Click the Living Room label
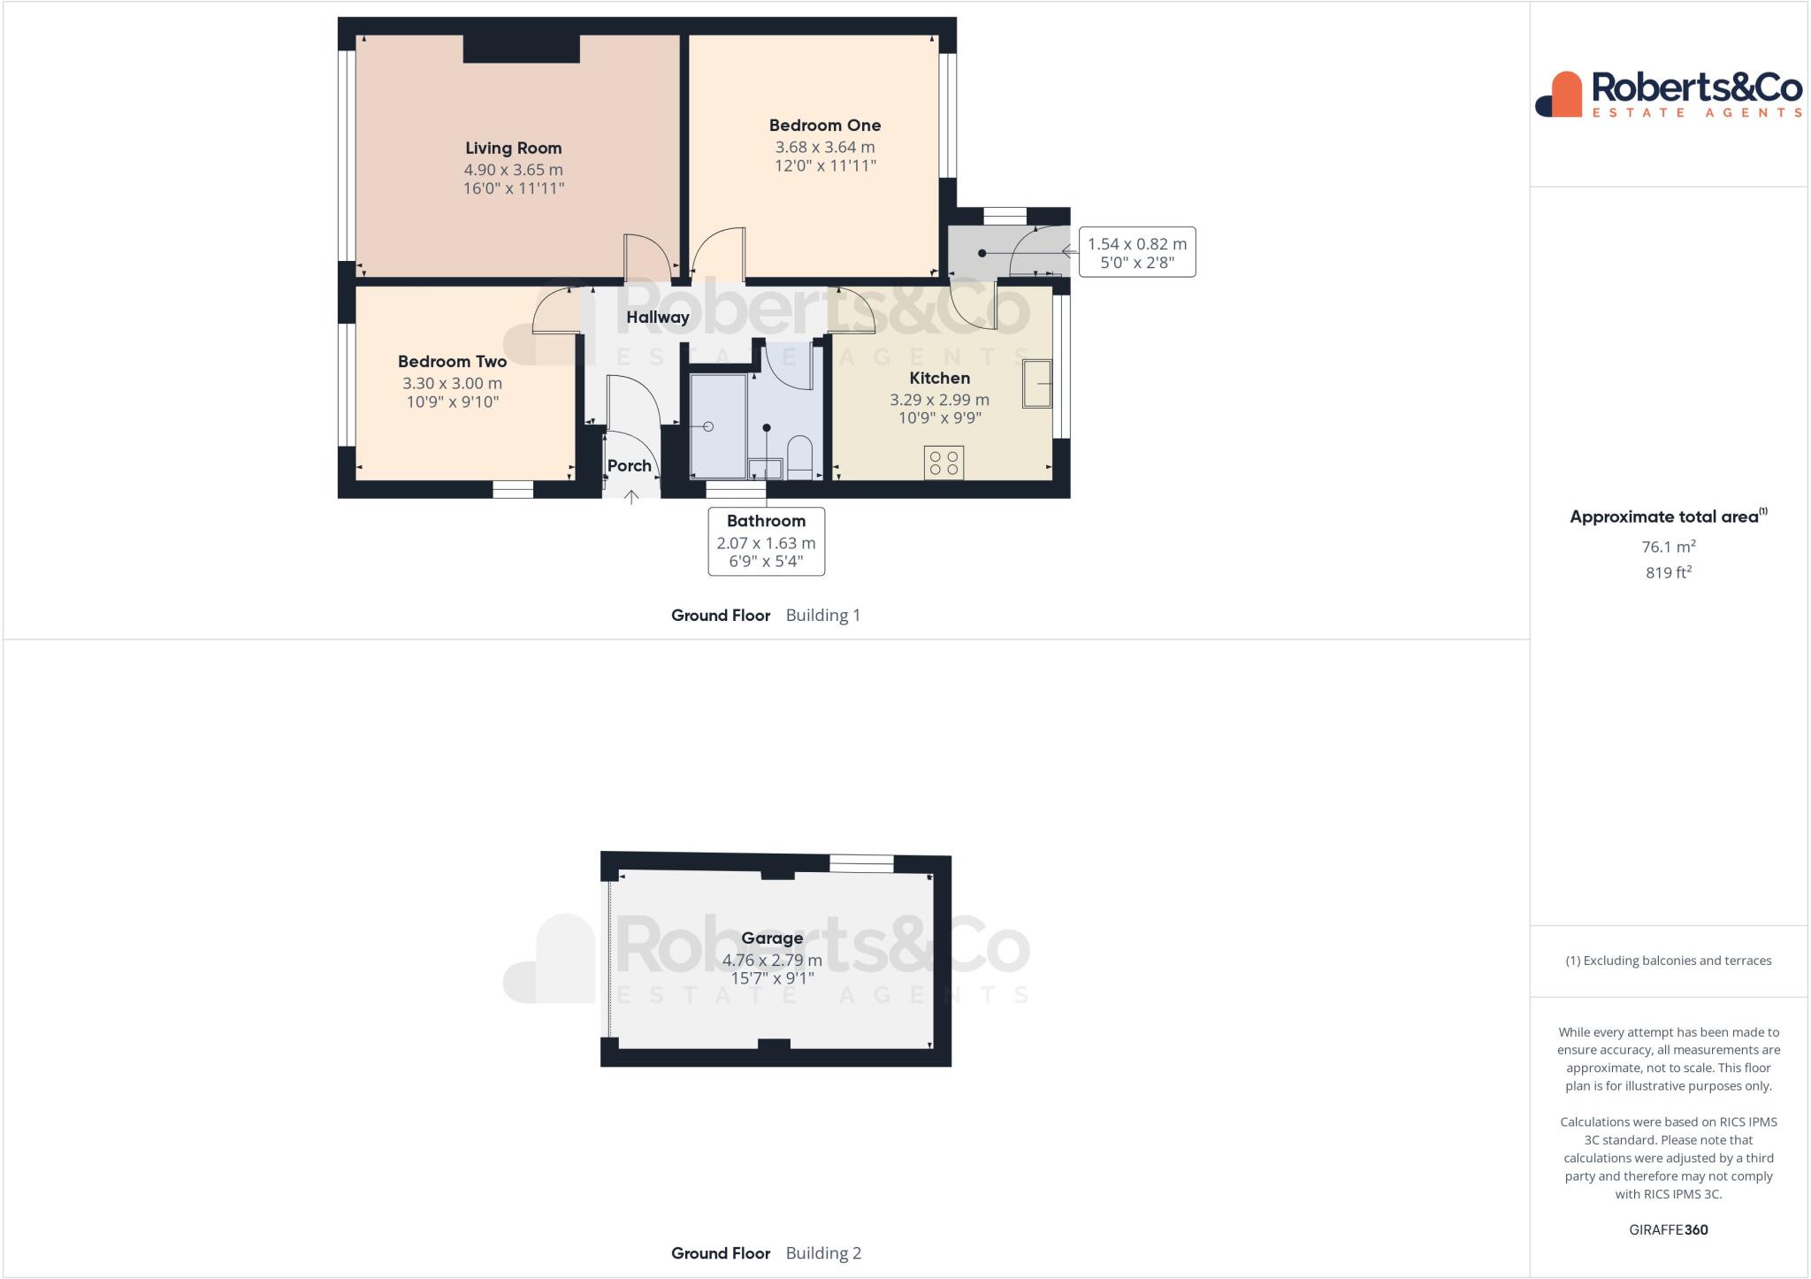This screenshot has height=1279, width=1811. tap(513, 149)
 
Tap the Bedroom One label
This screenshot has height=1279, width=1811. tap(824, 126)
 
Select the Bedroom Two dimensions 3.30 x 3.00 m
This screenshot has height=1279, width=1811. tap(452, 384)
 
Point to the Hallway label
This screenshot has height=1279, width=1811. tap(657, 318)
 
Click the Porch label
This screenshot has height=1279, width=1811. tap(629, 466)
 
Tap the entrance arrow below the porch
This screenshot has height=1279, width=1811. tap(631, 497)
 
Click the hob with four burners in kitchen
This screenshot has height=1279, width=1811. tap(944, 463)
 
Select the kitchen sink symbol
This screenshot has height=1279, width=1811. tap(1037, 383)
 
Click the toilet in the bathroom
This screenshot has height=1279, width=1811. tap(799, 456)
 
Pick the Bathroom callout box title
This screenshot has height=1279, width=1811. tap(766, 521)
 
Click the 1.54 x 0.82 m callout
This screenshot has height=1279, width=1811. tap(1136, 252)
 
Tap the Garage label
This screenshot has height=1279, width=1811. tap(772, 938)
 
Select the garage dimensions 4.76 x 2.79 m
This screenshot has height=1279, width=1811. tap(772, 960)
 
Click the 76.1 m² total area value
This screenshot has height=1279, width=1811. tap(1668, 547)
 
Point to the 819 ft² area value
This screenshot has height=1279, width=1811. tap(1668, 572)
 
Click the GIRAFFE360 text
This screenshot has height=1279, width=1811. tap(1668, 1229)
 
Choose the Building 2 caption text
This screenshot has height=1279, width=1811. tap(822, 1252)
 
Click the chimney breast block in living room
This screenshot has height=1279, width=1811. tap(521, 49)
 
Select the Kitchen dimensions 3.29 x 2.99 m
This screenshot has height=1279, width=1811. tap(939, 400)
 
